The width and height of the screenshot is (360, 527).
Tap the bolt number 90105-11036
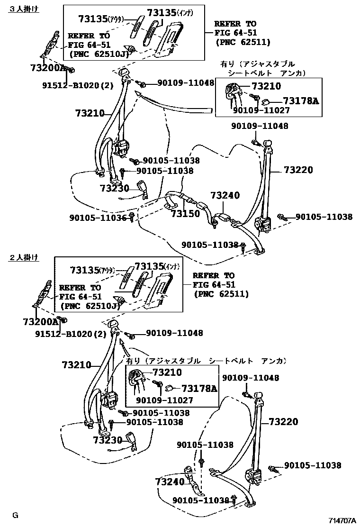[x=98, y=218]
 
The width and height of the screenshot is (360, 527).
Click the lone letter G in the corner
[x=15, y=515]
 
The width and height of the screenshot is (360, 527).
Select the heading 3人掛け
[x=24, y=9]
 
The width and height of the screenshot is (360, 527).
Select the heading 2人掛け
[x=24, y=258]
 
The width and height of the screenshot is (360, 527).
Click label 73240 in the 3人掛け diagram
[x=225, y=195]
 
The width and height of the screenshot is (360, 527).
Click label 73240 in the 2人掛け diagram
[x=169, y=482]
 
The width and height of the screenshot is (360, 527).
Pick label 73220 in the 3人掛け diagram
[x=298, y=170]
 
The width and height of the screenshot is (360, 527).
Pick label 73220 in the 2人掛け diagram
[x=284, y=421]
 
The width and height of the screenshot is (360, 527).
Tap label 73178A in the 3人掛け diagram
[x=301, y=100]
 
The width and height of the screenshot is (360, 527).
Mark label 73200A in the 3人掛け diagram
[x=49, y=68]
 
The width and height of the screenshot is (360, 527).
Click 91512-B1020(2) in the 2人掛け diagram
[x=71, y=334]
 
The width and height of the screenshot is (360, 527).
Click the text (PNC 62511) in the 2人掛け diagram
[x=221, y=294]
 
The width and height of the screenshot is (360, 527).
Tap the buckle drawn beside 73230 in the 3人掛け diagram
[x=141, y=188]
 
